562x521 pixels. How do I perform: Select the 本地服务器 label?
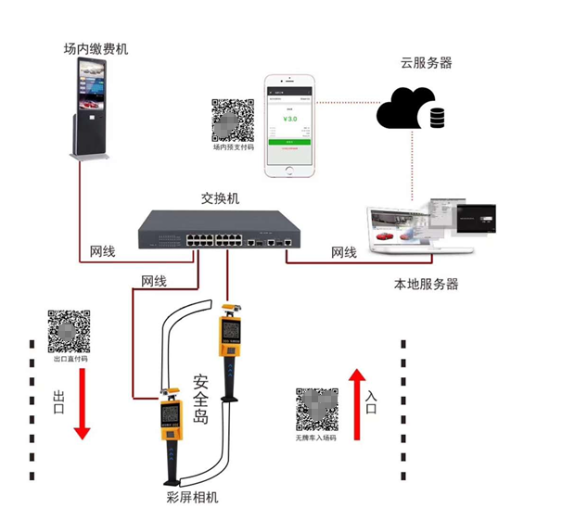[x=427, y=284]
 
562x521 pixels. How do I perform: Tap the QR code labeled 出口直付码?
[x=68, y=332]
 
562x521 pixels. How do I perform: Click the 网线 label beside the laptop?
[x=343, y=252]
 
